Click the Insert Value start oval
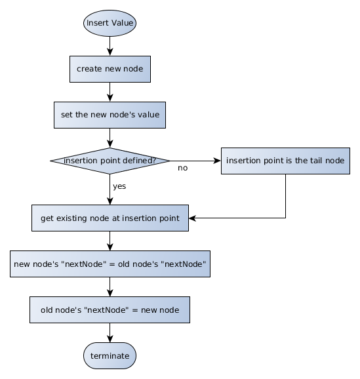(x=110, y=23)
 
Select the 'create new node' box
(x=110, y=69)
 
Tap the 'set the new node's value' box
(x=110, y=115)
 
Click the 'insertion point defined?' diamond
(x=110, y=161)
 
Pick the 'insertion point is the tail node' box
(x=285, y=161)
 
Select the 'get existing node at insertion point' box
(x=110, y=218)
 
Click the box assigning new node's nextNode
(x=110, y=264)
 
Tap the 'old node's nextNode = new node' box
(x=110, y=309)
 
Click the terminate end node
(x=110, y=355)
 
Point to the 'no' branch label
(x=182, y=168)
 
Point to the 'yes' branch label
(x=119, y=186)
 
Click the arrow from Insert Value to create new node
(x=110, y=46)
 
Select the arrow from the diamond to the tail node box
(x=195, y=161)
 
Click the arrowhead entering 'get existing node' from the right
(x=192, y=218)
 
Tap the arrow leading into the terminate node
(x=110, y=332)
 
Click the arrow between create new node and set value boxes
(x=110, y=92)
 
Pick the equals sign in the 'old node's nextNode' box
(x=134, y=310)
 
